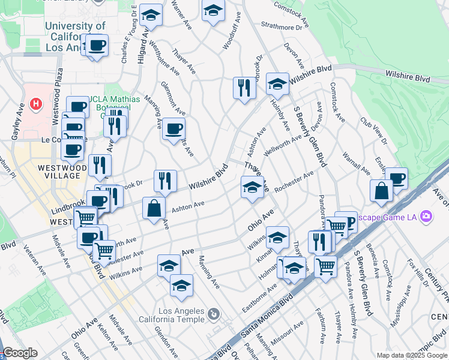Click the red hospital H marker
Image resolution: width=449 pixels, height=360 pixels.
37,103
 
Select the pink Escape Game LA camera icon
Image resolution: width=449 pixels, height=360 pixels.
426,216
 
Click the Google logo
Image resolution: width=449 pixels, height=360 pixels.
19,353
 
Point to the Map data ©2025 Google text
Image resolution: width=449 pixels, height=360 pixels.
412,355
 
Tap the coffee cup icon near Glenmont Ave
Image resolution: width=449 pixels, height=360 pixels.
173,128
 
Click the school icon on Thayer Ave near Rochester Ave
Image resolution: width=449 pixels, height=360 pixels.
252,188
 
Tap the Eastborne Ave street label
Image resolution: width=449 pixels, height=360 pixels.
264,292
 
